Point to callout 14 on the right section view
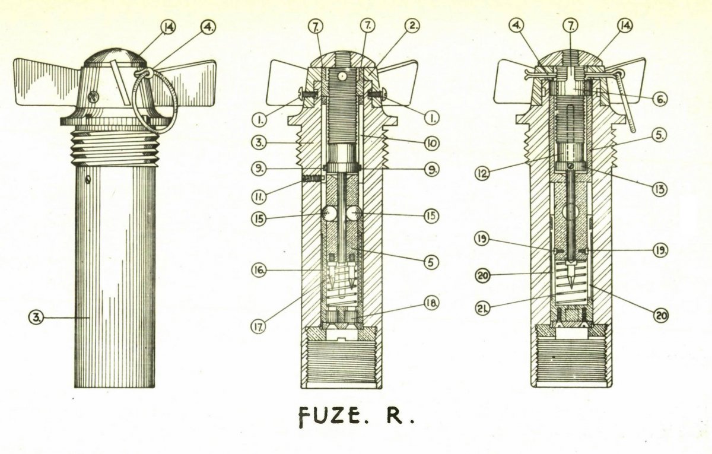tap(612, 27)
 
